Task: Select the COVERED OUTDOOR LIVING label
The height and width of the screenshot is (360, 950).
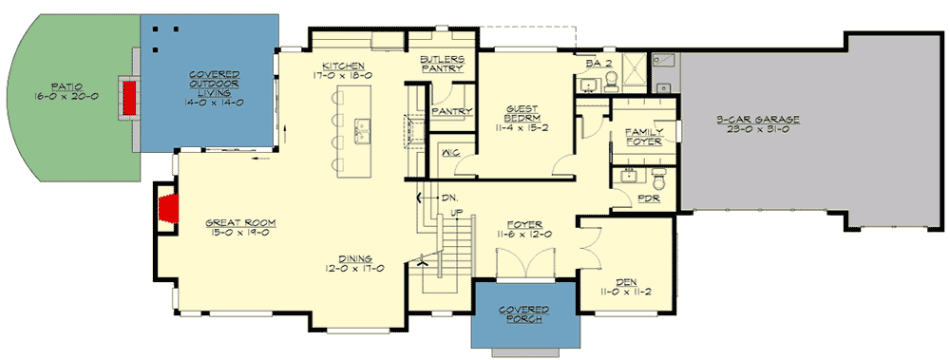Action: pyautogui.click(x=213, y=88)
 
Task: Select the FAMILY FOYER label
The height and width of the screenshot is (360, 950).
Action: pyautogui.click(x=643, y=137)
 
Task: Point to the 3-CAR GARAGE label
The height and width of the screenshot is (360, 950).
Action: pyautogui.click(x=758, y=119)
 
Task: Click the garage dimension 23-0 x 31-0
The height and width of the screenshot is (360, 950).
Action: pyautogui.click(x=758, y=130)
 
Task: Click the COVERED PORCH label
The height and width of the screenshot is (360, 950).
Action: pyautogui.click(x=524, y=314)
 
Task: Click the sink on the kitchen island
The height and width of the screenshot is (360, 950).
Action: pyautogui.click(x=362, y=126)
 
